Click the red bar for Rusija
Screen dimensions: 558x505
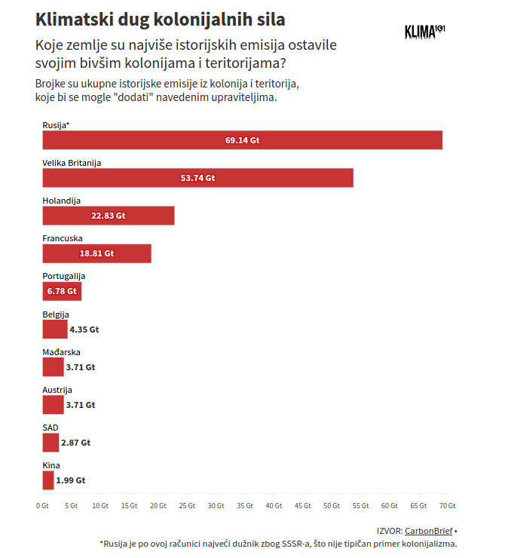tap(242, 140)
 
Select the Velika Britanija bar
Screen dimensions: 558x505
tap(197, 178)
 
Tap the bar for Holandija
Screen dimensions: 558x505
tap(108, 216)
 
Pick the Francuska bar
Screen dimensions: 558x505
tap(96, 253)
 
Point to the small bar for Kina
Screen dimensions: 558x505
tap(48, 480)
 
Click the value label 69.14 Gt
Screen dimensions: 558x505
tap(242, 140)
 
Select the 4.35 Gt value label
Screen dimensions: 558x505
tap(84, 330)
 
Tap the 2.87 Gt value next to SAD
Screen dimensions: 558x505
tap(75, 443)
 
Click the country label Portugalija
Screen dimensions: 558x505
tap(64, 276)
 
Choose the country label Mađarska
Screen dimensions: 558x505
tap(61, 352)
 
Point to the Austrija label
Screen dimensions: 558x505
tap(57, 390)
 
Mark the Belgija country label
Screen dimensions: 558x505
tap(56, 314)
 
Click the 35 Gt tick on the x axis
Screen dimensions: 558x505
tap(245, 505)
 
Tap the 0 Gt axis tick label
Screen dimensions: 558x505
tap(42, 505)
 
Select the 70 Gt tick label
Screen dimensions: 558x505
tap(448, 505)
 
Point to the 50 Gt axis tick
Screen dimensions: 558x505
tap(332, 505)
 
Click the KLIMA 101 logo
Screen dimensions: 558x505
tap(424, 32)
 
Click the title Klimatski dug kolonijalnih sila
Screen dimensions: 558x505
tap(161, 18)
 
